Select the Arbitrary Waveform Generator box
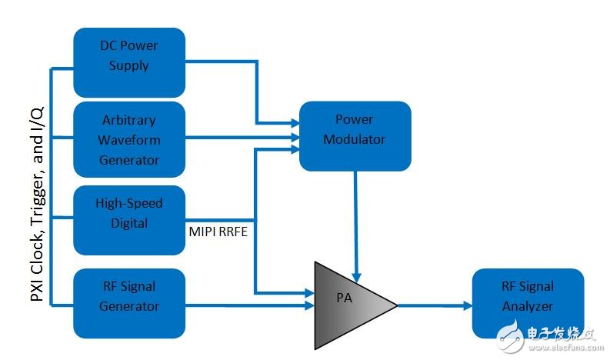click(x=129, y=139)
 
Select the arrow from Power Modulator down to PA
click(x=355, y=223)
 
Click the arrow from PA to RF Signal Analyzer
click(x=435, y=305)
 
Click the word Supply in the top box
click(x=129, y=65)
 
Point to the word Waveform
click(x=129, y=140)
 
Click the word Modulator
click(x=355, y=139)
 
